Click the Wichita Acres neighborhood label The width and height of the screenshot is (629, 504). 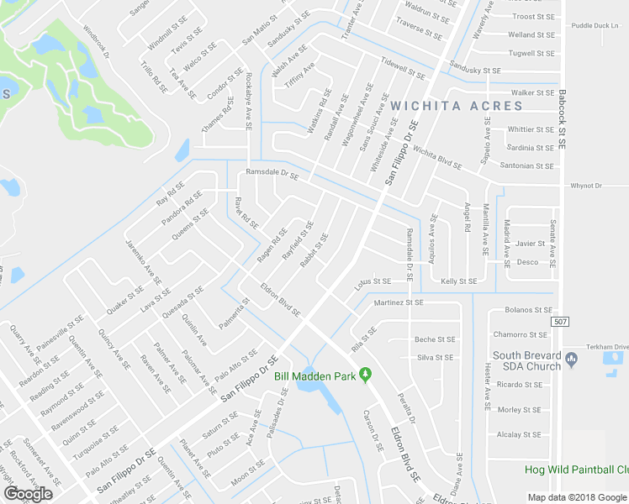click(456, 106)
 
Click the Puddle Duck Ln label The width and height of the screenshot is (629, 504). click(595, 26)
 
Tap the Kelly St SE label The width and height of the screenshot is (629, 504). click(459, 281)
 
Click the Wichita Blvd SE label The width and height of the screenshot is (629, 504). click(437, 159)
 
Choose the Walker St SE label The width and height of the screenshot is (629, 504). click(535, 92)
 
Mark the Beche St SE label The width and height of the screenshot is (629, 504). click(435, 339)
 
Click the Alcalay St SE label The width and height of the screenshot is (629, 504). click(519, 435)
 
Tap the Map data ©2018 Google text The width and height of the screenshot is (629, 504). click(577, 497)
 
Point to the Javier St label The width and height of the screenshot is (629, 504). click(531, 244)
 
